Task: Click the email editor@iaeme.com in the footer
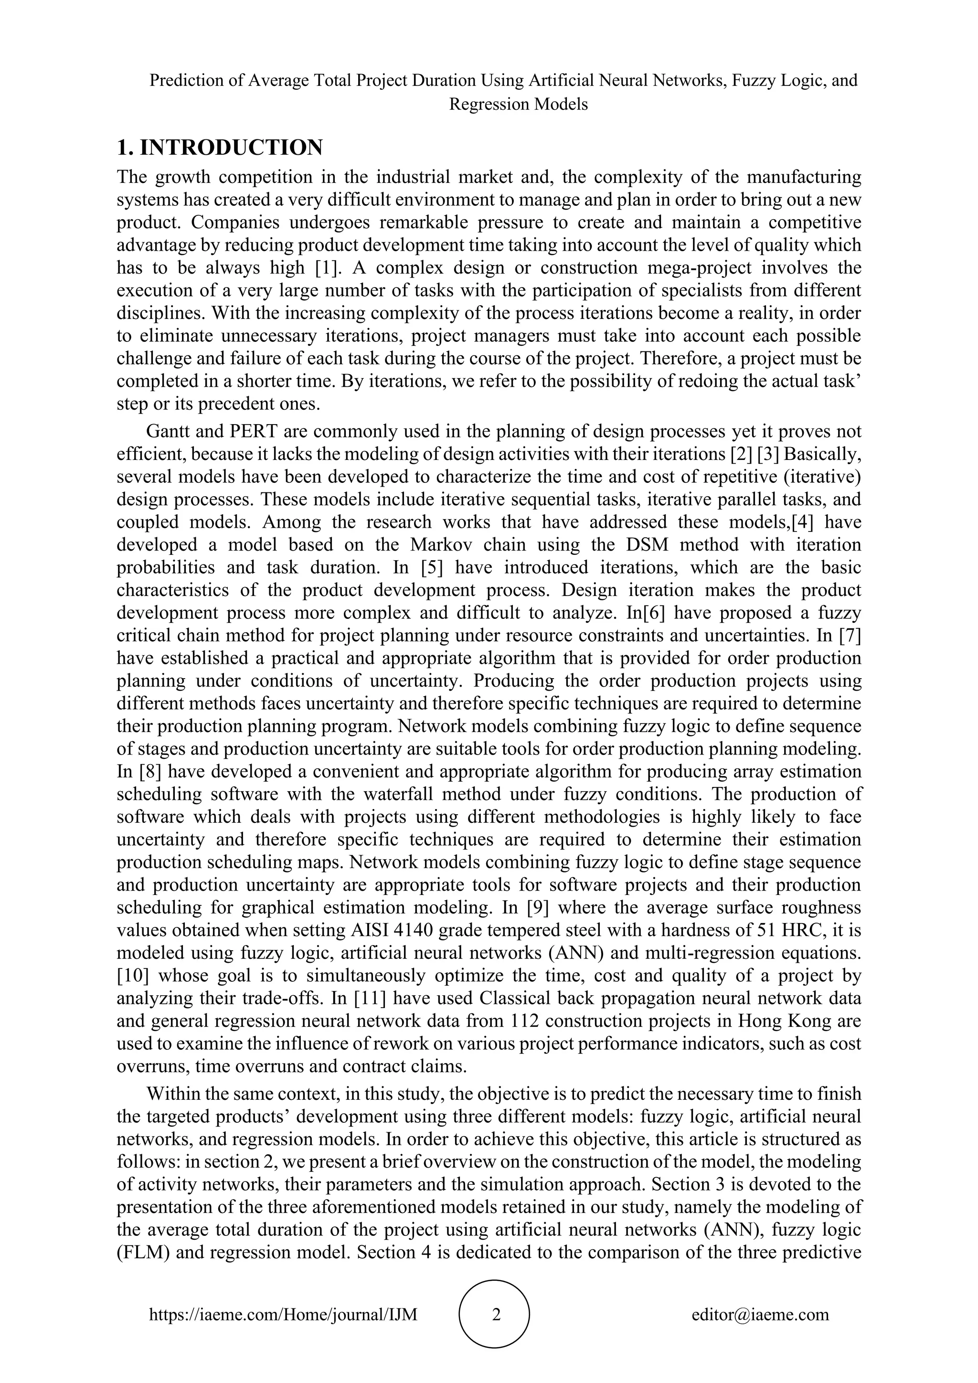point(760,1314)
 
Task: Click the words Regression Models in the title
point(518,104)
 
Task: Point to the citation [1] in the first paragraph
point(328,267)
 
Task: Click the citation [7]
point(849,636)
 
